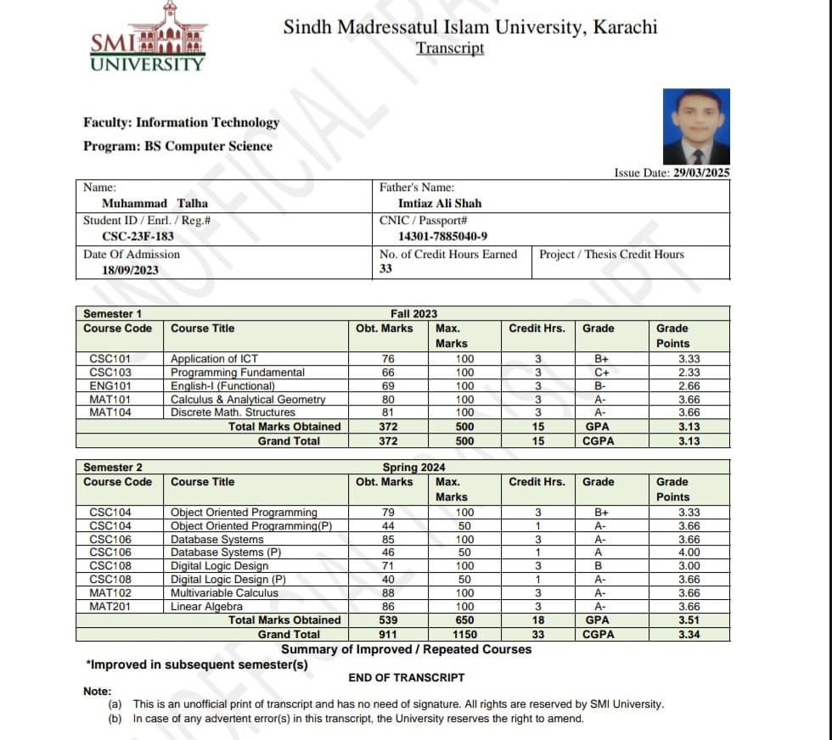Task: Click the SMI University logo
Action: (148, 37)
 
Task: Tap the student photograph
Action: (695, 126)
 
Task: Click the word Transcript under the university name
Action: (450, 48)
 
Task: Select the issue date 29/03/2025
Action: (701, 172)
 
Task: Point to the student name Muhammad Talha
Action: (155, 204)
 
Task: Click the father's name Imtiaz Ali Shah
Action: (440, 204)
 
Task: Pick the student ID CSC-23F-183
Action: (138, 237)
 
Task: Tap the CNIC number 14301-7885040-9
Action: (442, 237)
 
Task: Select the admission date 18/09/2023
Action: (130, 270)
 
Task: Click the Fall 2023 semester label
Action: (413, 313)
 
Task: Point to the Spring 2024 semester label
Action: (413, 467)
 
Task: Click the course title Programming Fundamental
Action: (237, 373)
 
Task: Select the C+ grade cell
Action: (602, 373)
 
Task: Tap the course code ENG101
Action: (110, 386)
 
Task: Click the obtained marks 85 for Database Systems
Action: (389, 539)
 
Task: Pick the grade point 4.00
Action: (689, 552)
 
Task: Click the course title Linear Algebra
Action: (206, 607)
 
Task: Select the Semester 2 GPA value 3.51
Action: (689, 620)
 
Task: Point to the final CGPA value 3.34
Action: (689, 634)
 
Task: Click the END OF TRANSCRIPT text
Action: (406, 677)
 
